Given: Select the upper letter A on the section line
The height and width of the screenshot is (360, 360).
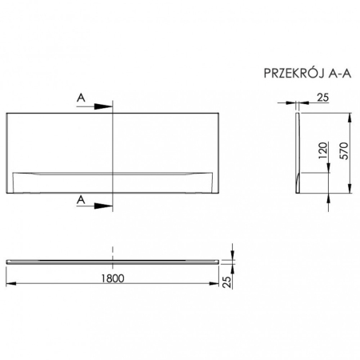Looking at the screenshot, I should click(80, 98).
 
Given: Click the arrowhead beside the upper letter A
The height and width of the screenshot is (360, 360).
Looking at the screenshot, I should click(104, 106).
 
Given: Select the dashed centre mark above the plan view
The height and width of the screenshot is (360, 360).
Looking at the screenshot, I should click(114, 249).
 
